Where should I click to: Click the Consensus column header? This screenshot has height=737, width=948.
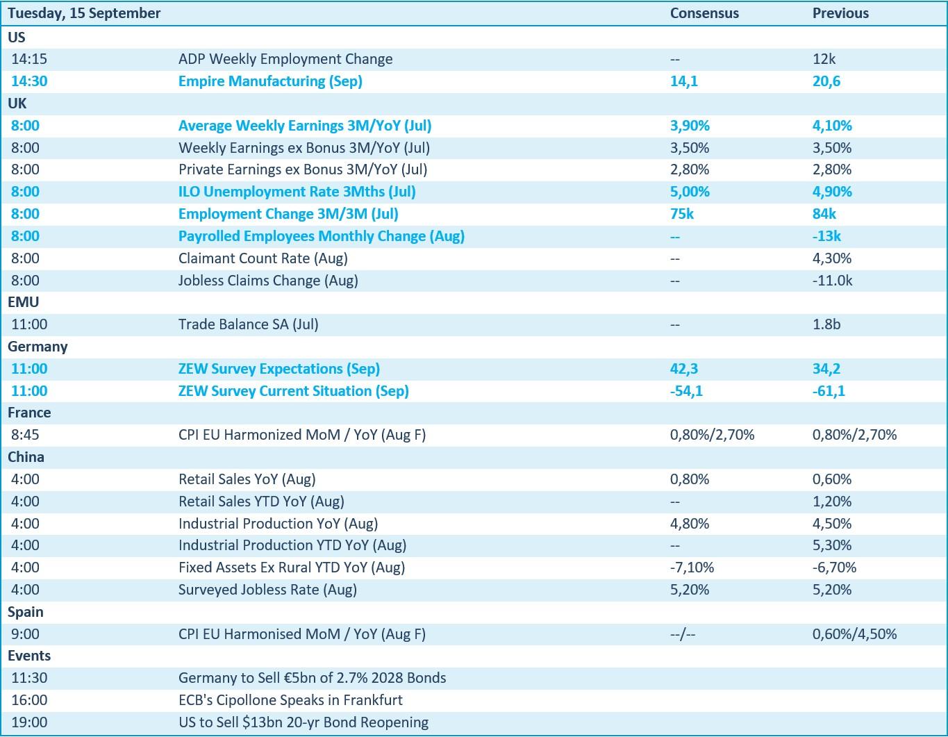(x=704, y=13)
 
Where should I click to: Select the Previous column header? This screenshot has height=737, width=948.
(x=840, y=13)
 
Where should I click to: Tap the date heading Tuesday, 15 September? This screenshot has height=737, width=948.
(x=84, y=13)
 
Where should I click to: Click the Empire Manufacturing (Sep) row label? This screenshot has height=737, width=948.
(x=270, y=81)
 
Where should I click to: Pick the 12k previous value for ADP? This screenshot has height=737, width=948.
(x=824, y=59)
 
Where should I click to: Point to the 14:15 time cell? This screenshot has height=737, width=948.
(x=28, y=59)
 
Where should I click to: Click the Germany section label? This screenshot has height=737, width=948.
(x=38, y=347)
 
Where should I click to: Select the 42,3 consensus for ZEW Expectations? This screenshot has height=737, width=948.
(x=683, y=369)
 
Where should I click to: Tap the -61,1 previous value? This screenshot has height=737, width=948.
(x=829, y=390)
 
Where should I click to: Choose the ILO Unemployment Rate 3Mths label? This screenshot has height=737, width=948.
(x=297, y=192)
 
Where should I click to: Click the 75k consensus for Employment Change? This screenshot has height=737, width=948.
(x=682, y=214)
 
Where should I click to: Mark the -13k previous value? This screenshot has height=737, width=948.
(x=826, y=236)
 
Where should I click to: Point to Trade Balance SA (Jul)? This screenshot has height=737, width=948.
(x=248, y=324)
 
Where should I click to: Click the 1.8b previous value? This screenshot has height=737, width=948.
(x=826, y=324)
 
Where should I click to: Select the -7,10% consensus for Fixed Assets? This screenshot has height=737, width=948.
(x=692, y=568)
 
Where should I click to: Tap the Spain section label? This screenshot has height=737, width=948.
(x=25, y=612)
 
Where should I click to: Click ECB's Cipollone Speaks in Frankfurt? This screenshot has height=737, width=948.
(x=290, y=700)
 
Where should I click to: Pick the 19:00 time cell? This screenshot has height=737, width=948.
(x=28, y=722)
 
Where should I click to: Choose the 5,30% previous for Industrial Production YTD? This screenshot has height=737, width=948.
(x=831, y=545)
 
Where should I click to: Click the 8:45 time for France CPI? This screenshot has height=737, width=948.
(x=25, y=435)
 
